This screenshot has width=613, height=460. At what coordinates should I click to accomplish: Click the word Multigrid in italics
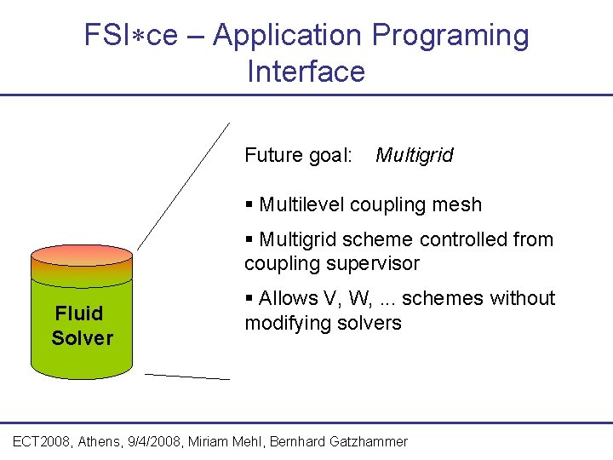coord(414,156)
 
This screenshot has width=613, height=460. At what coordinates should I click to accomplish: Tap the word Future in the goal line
coord(272,155)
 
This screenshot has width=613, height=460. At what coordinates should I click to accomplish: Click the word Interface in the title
coord(306,72)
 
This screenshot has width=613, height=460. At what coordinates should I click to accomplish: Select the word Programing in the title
coord(450,36)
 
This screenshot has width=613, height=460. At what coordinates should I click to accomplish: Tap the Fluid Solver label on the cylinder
coord(82,325)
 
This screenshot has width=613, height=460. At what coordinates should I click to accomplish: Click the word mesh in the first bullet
coord(460,205)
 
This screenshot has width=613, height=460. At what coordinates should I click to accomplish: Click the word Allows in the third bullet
coord(287,299)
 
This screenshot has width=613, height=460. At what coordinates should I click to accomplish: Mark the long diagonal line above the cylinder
coord(183,186)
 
